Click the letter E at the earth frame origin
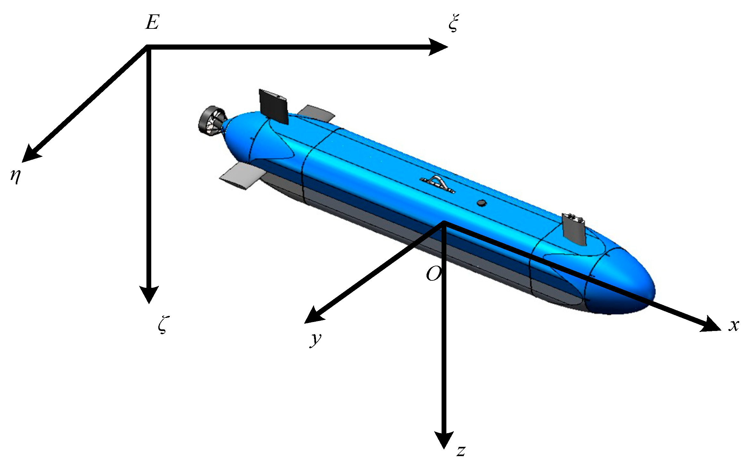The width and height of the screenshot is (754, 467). coord(152,23)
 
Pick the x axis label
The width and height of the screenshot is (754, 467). coord(734,326)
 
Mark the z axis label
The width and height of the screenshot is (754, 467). coord(461,451)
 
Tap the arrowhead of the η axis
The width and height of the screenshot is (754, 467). coord(30,154)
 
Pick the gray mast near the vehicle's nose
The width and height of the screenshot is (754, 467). coord(575,229)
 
